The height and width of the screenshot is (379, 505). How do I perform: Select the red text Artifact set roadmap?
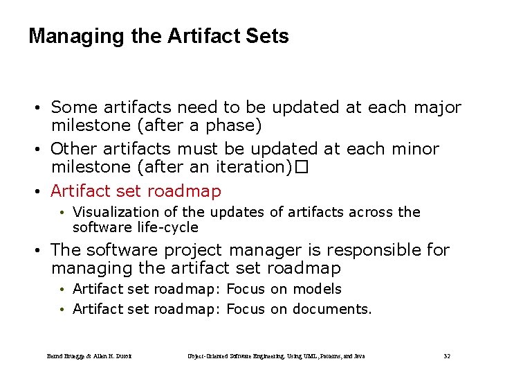click(136, 191)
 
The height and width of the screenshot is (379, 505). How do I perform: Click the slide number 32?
click(447, 356)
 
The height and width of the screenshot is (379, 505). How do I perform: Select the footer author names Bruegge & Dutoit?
click(89, 356)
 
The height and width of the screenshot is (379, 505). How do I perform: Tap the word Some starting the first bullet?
click(75, 107)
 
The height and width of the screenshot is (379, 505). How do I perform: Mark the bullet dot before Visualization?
click(62, 213)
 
